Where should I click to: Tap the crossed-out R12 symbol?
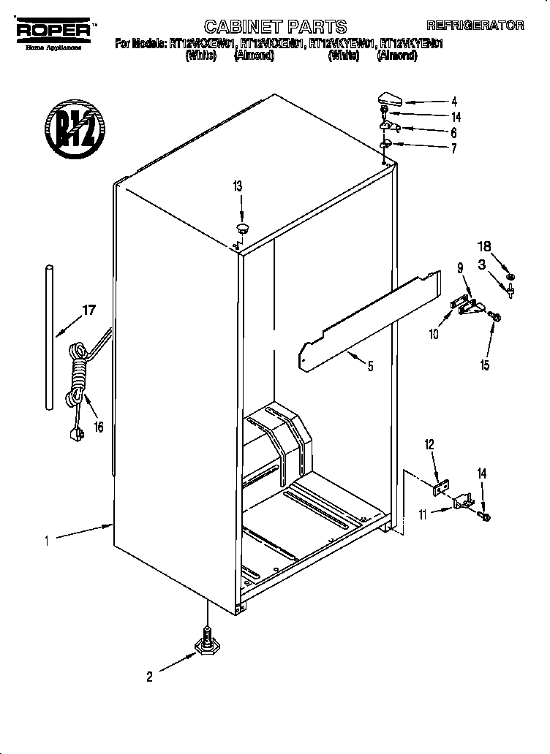point(72,130)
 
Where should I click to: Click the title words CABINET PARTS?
point(275,27)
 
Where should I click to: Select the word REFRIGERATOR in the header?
point(475,25)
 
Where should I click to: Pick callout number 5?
point(370,367)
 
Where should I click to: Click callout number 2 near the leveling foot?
point(149,677)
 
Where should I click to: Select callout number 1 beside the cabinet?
point(46,541)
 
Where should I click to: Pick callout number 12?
point(429,443)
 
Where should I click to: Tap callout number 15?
point(485,365)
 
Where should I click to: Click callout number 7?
point(453,149)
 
